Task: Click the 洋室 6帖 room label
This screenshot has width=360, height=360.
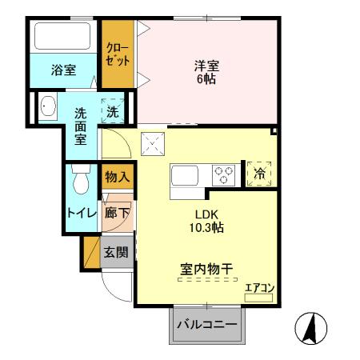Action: tap(206, 72)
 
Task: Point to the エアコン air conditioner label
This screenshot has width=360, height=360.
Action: tap(259, 288)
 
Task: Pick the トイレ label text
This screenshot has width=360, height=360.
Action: tap(82, 214)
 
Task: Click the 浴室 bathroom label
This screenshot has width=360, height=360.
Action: tap(63, 70)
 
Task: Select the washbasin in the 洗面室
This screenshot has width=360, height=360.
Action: tap(47, 106)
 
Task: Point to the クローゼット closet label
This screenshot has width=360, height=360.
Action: tap(118, 54)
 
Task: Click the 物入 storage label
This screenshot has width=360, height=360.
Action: tap(117, 176)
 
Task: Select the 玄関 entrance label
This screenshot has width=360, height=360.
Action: tap(116, 252)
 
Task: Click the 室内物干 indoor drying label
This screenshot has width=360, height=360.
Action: tap(205, 269)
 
